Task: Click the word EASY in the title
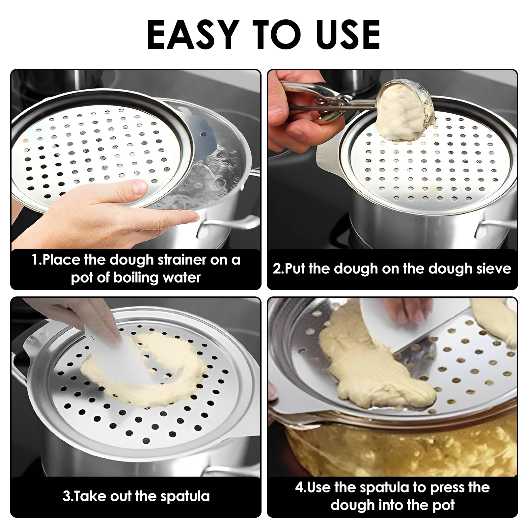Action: (x=193, y=35)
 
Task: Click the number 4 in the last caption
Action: (x=299, y=487)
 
